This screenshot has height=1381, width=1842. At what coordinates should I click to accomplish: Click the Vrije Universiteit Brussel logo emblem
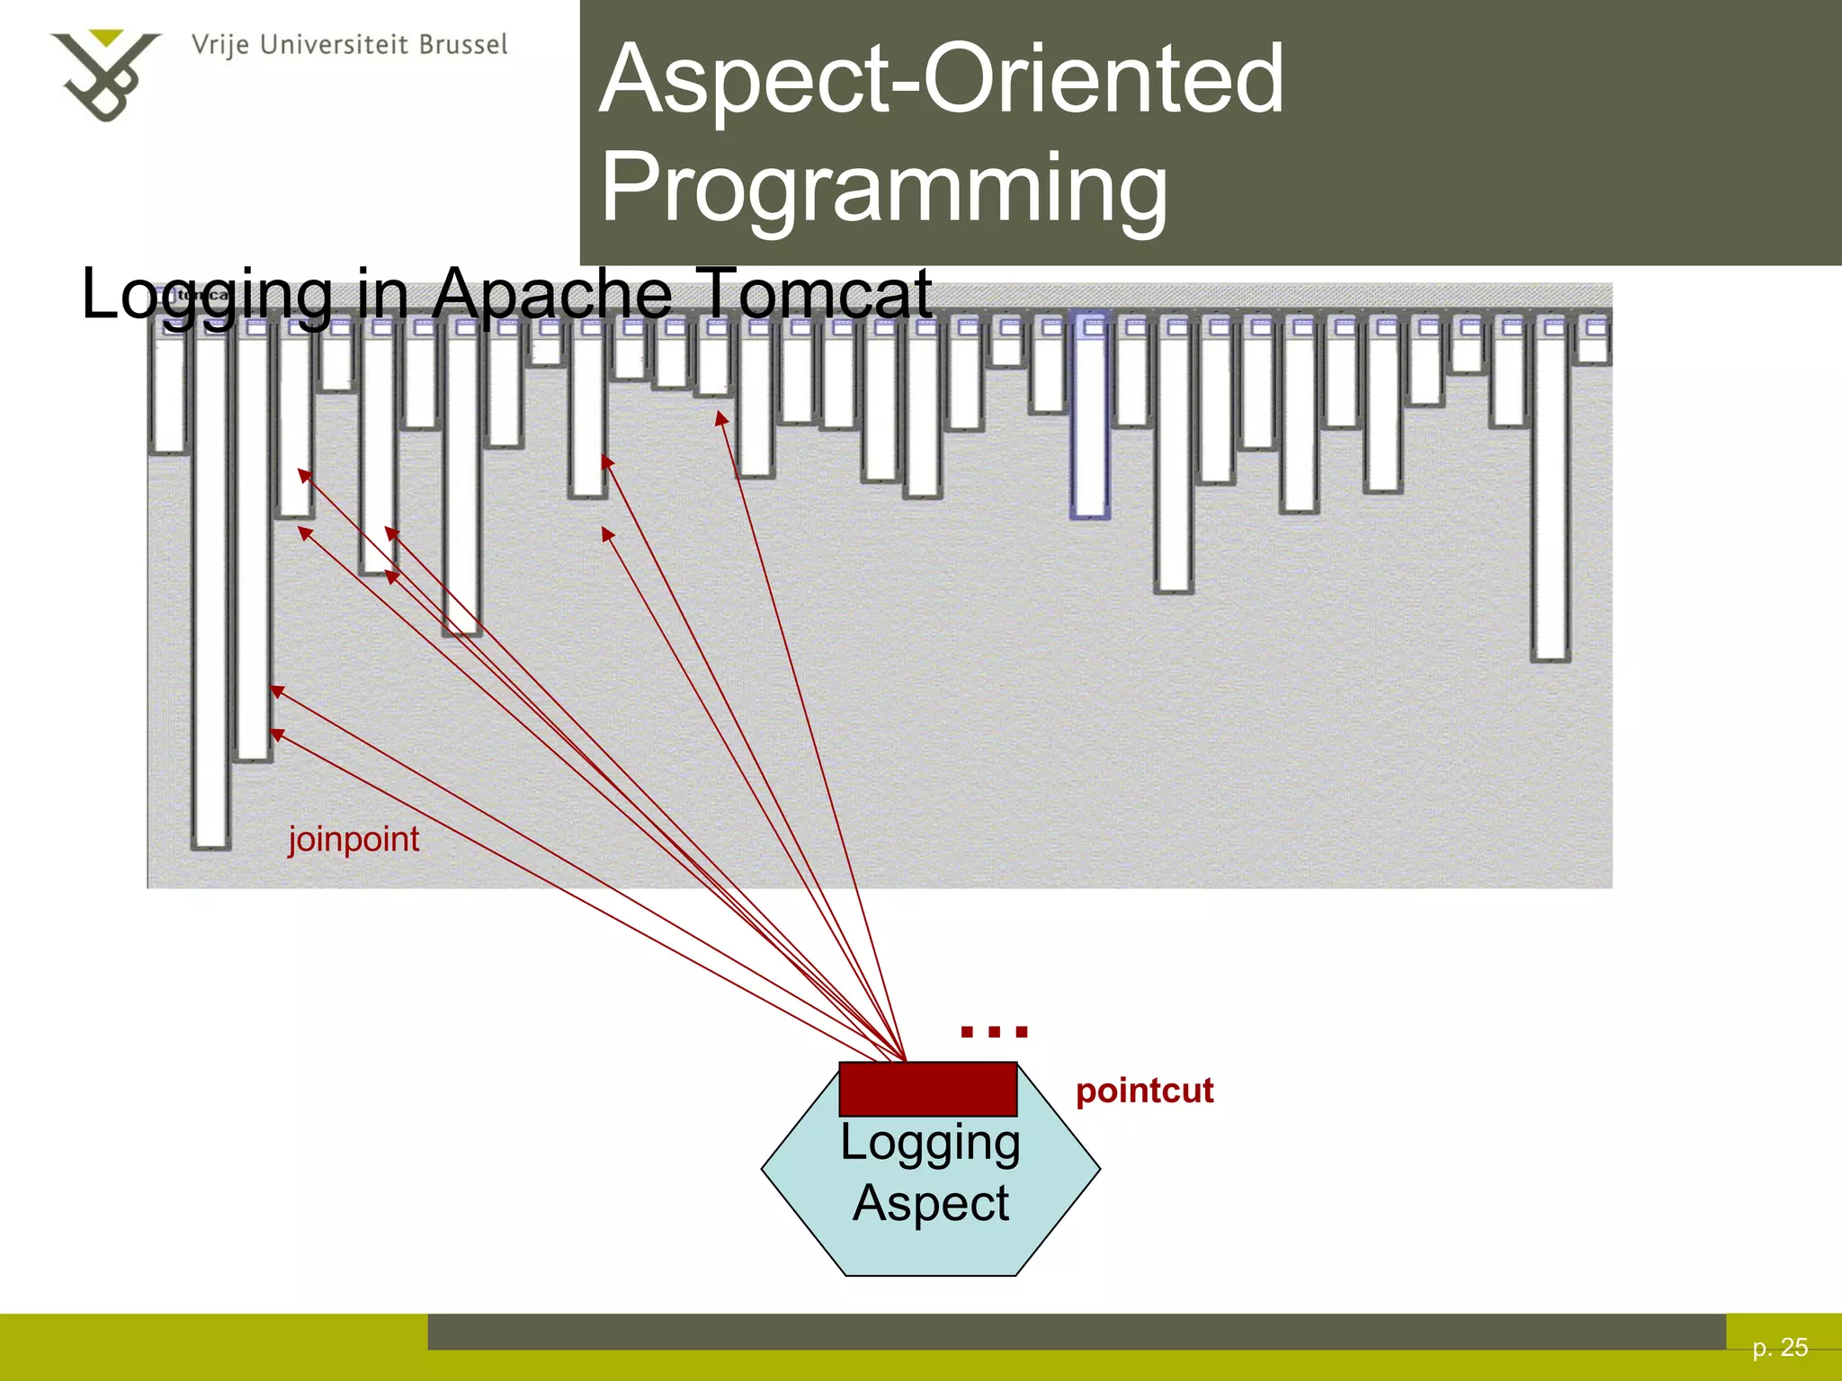(104, 76)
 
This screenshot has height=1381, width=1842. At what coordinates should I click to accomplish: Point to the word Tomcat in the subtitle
(814, 293)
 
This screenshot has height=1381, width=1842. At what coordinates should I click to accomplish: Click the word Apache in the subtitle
(551, 293)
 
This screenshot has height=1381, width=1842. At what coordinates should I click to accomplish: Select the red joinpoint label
(353, 840)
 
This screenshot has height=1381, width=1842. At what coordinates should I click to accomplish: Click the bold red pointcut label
(1144, 1091)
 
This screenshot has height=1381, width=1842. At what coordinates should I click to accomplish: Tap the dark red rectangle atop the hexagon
(927, 1089)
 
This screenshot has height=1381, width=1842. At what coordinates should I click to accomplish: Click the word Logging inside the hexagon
(930, 1143)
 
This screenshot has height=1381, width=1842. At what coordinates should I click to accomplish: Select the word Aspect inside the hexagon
(930, 1203)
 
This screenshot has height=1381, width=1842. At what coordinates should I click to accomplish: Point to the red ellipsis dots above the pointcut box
(994, 1031)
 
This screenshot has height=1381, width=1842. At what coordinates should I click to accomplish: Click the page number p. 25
(1780, 1347)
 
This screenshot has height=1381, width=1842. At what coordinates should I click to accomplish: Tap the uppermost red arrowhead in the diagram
(721, 418)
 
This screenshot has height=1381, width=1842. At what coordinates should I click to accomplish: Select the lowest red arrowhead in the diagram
(277, 735)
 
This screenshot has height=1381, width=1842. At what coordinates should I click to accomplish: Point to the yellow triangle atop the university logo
(107, 38)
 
